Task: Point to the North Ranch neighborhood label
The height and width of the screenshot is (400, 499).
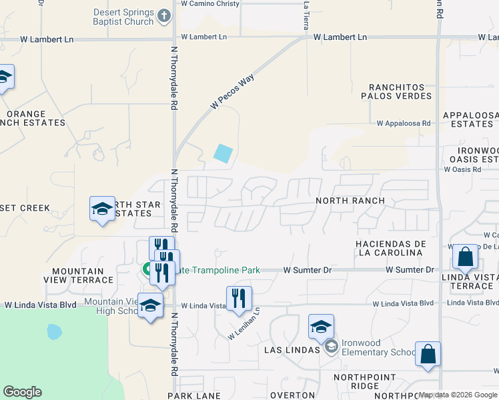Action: [350, 201]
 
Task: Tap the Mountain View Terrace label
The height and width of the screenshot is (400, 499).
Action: [81, 275]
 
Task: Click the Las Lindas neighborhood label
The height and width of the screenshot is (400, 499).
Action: [294, 351]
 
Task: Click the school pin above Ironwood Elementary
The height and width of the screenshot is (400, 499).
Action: [321, 327]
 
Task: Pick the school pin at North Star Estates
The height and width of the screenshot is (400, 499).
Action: [103, 209]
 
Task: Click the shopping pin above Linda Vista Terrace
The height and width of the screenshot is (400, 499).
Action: [464, 256]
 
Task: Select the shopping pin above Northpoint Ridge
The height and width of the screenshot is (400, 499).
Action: [427, 354]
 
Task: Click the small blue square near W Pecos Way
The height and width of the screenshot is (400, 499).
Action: [223, 153]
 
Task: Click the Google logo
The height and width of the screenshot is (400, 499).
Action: [22, 392]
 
